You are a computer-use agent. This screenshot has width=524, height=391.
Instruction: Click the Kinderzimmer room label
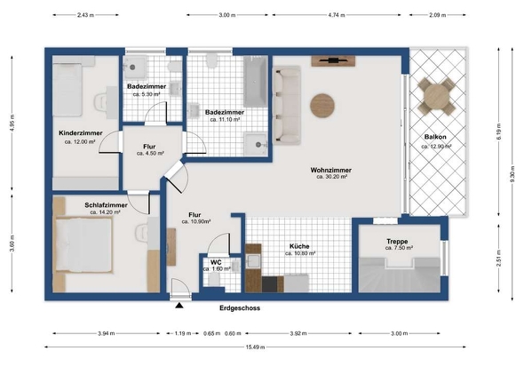pyautogui.click(x=81, y=133)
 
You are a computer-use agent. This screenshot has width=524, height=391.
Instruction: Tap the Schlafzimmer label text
pyautogui.click(x=106, y=205)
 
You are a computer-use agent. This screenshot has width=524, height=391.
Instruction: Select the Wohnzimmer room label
pyautogui.click(x=331, y=170)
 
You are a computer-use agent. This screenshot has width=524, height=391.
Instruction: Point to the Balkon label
pyautogui.click(x=435, y=137)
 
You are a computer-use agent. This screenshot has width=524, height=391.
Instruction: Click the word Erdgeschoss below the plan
pyautogui.click(x=240, y=308)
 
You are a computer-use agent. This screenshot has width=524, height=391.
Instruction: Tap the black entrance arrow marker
pyautogui.click(x=179, y=305)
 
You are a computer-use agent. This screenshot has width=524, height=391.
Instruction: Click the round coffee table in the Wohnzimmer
pyautogui.click(x=322, y=106)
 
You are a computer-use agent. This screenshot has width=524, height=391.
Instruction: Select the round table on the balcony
pyautogui.click(x=437, y=96)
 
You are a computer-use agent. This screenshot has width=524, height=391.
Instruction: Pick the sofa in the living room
pyautogui.click(x=287, y=105)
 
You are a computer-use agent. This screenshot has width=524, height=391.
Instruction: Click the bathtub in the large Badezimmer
pyautogui.click(x=255, y=82)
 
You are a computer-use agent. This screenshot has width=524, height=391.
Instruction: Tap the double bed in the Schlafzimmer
pyautogui.click(x=83, y=245)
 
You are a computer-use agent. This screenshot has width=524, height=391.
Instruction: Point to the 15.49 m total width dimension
pyautogui.click(x=255, y=347)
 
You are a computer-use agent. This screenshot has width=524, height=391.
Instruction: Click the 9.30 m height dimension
pyautogui.click(x=512, y=174)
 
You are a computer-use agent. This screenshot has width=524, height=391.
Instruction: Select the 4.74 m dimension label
pyautogui.click(x=337, y=15)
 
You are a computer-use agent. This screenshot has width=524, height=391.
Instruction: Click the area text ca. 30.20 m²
pyautogui.click(x=331, y=177)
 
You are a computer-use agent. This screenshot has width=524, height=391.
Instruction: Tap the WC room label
pyautogui.click(x=216, y=262)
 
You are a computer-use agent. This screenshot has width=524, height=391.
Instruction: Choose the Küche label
pyautogui.click(x=299, y=246)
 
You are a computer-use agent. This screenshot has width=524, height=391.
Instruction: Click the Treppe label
pyautogui.click(x=397, y=241)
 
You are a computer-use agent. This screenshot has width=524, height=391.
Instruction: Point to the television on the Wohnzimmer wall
pyautogui.click(x=333, y=60)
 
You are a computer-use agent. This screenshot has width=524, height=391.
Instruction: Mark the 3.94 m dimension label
pyautogui.click(x=107, y=333)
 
